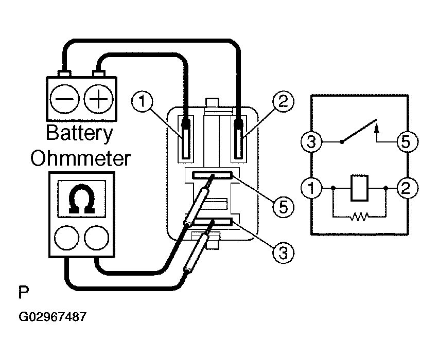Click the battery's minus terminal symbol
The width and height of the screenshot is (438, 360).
(64, 99)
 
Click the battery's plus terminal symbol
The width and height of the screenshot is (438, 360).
(98, 99)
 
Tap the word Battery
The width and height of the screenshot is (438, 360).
(80, 134)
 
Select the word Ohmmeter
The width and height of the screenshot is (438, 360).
(80, 158)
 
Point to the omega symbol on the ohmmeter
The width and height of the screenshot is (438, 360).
(81, 199)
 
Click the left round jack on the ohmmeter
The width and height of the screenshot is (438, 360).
(66, 238)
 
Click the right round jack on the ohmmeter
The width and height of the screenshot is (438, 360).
(96, 238)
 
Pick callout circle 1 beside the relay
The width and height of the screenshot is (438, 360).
(142, 101)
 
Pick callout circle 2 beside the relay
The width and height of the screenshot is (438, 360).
(283, 101)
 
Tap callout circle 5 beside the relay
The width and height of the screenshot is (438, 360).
(283, 207)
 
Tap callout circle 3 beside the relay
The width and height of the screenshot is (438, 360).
(283, 254)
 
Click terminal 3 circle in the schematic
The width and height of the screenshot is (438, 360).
(311, 141)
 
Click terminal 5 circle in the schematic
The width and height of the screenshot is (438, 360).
(408, 141)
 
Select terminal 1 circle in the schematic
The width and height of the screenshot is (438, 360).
(311, 188)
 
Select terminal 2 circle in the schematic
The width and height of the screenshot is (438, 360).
(408, 188)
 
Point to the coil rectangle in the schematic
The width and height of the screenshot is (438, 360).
(359, 188)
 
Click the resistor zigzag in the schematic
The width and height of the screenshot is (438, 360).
(359, 217)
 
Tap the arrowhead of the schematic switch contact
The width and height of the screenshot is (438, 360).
(377, 128)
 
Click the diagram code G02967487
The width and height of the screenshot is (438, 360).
(52, 317)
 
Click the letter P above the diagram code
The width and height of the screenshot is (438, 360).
(24, 292)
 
